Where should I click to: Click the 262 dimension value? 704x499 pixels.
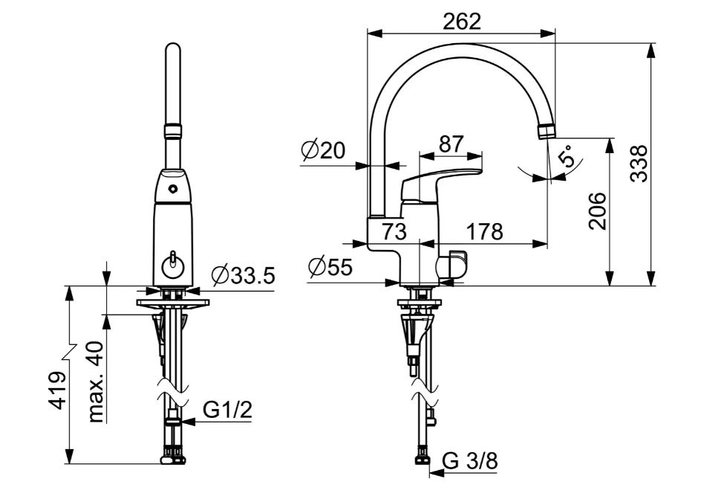(x=462, y=21)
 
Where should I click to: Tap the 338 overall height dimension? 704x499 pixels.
(x=639, y=163)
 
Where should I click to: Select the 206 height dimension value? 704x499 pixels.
(x=597, y=211)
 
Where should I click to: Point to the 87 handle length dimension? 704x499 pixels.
(x=451, y=144)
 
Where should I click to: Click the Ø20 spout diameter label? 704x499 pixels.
(x=323, y=150)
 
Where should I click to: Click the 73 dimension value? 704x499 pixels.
(x=394, y=231)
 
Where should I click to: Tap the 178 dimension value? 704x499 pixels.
(x=485, y=231)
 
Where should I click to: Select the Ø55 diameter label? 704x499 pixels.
(x=330, y=268)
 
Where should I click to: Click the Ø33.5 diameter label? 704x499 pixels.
(x=243, y=275)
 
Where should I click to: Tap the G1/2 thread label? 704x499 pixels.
(x=227, y=410)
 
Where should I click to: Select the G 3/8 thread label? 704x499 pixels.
(x=470, y=461)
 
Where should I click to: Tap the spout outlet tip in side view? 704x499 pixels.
(x=547, y=132)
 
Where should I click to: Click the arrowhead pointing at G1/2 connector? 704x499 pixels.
(x=188, y=422)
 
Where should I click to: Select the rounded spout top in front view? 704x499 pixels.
(x=173, y=49)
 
